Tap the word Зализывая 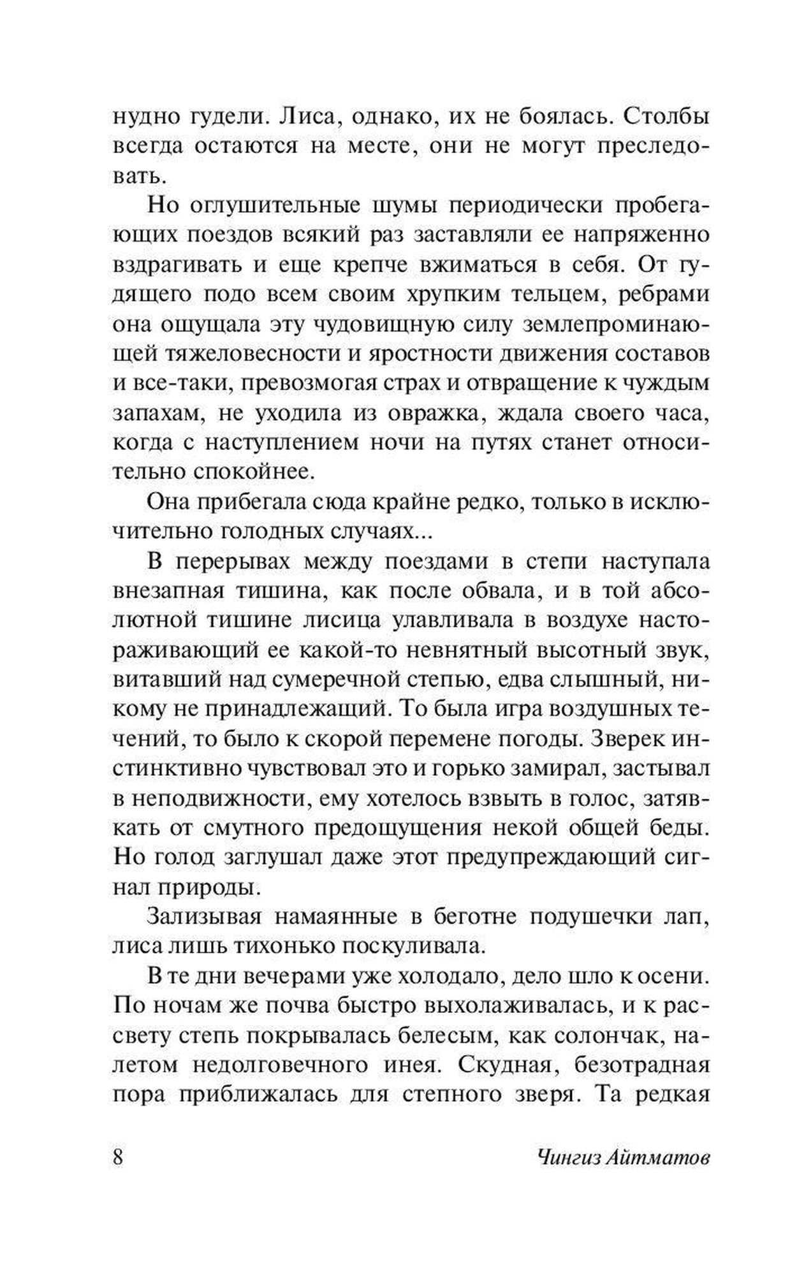click(x=205, y=917)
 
